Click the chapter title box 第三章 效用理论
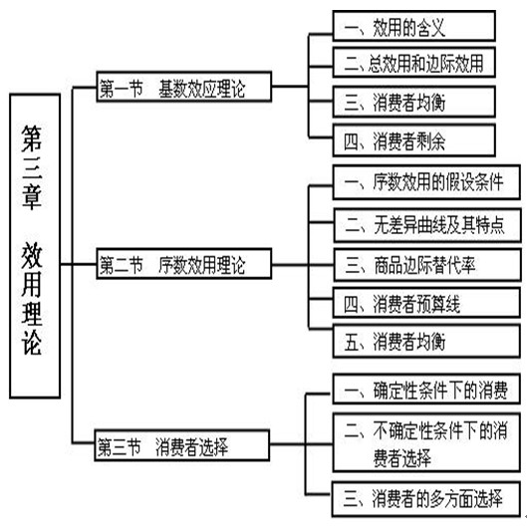(x=35, y=245)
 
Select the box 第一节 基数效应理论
(x=184, y=87)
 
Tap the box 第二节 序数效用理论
(x=184, y=264)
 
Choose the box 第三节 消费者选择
(x=182, y=445)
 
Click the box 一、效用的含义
(x=413, y=26)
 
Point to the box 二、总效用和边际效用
(x=413, y=63)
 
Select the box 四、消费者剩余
(x=413, y=140)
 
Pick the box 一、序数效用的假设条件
(x=426, y=182)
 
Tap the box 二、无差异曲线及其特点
(x=427, y=225)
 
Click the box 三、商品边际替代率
(x=427, y=265)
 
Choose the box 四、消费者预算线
(x=426, y=303)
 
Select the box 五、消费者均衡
(x=426, y=341)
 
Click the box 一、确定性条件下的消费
(x=426, y=390)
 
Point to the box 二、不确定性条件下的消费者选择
(x=426, y=442)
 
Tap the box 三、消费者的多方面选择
(x=425, y=499)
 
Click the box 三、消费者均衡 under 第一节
(x=413, y=102)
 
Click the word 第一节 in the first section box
(x=121, y=88)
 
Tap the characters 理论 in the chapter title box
(x=32, y=327)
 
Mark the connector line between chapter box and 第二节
(x=79, y=264)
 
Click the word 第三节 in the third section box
(x=119, y=446)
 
